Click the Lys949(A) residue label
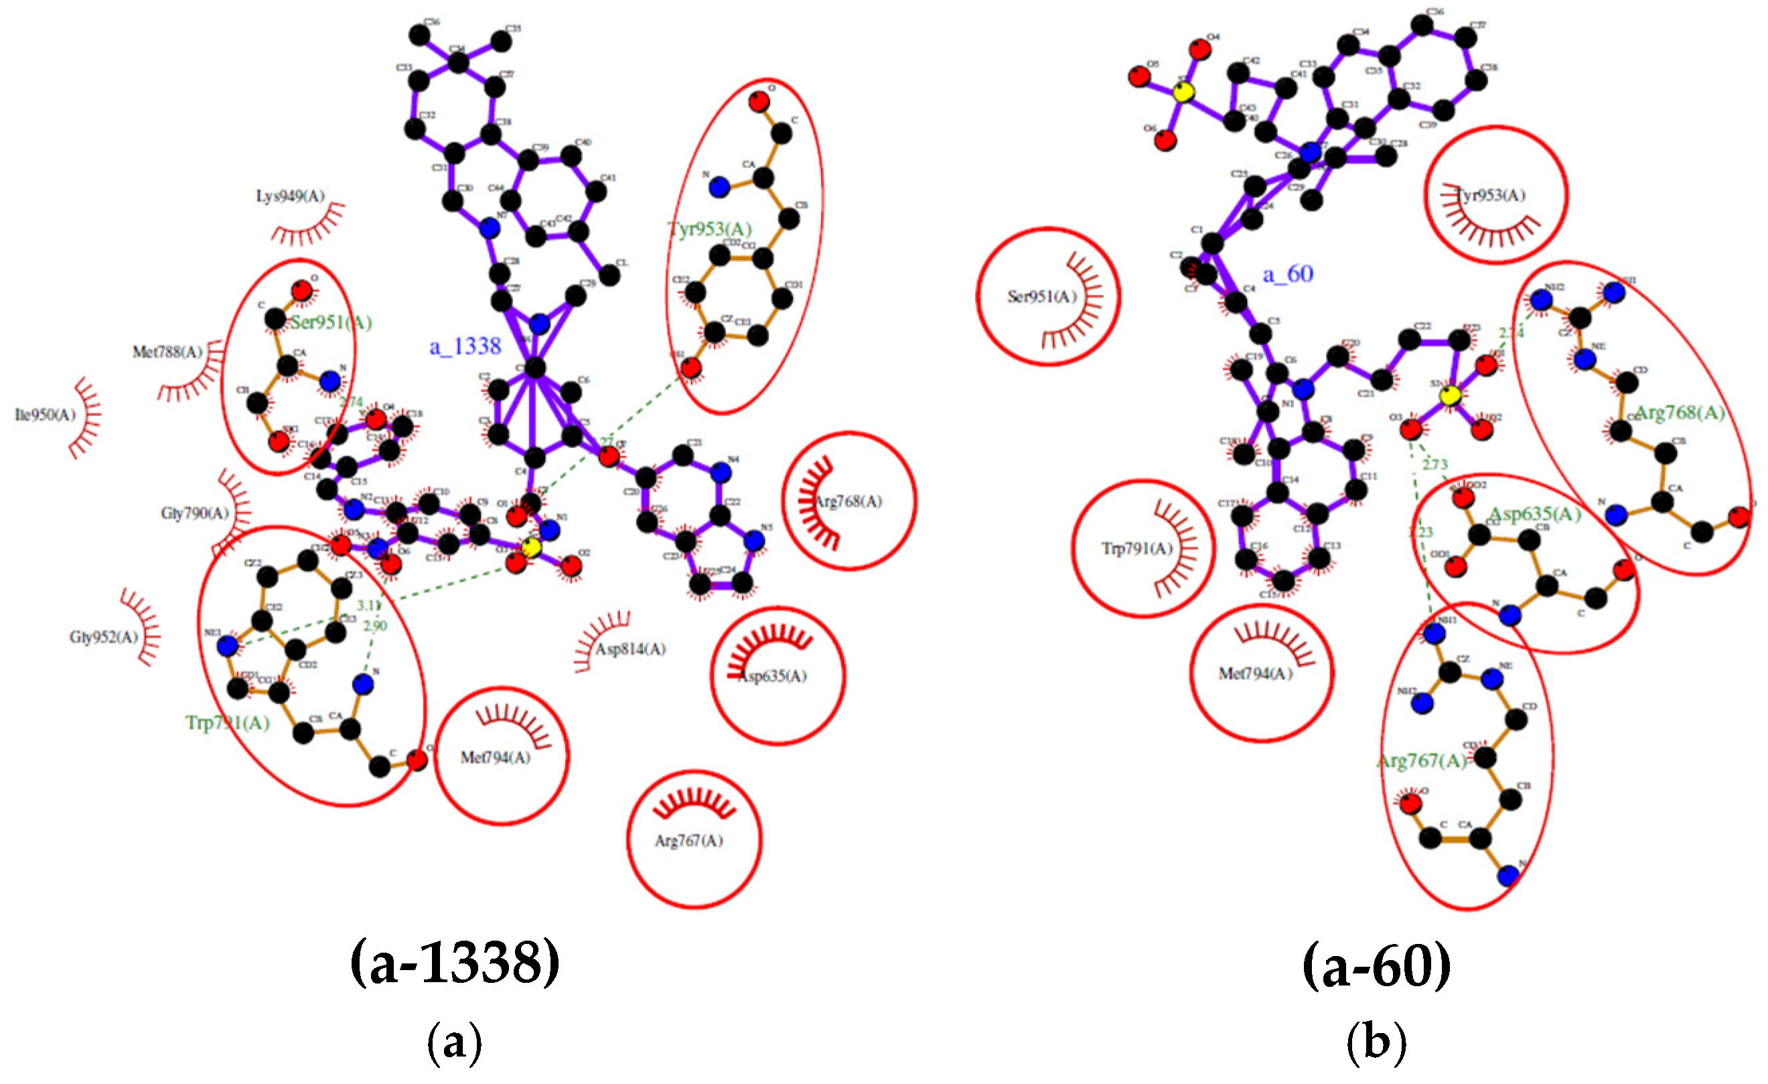[x=290, y=196]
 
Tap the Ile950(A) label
[x=44, y=415]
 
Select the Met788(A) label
[x=167, y=352]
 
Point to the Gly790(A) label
[x=194, y=513]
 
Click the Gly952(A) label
[x=103, y=636]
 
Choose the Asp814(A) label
[x=630, y=649]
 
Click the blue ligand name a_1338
[x=465, y=347]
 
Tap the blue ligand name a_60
[x=1287, y=274]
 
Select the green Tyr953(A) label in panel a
[x=709, y=229]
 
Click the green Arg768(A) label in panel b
[x=1678, y=413]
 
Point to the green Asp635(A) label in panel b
[x=1534, y=514]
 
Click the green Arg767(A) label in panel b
[x=1421, y=761]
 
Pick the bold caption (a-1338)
[x=455, y=963]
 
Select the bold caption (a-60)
[x=1376, y=965]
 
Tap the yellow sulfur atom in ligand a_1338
[x=531, y=548]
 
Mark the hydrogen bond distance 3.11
[x=369, y=606]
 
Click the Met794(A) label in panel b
[x=1255, y=673]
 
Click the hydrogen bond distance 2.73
[x=1434, y=465]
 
